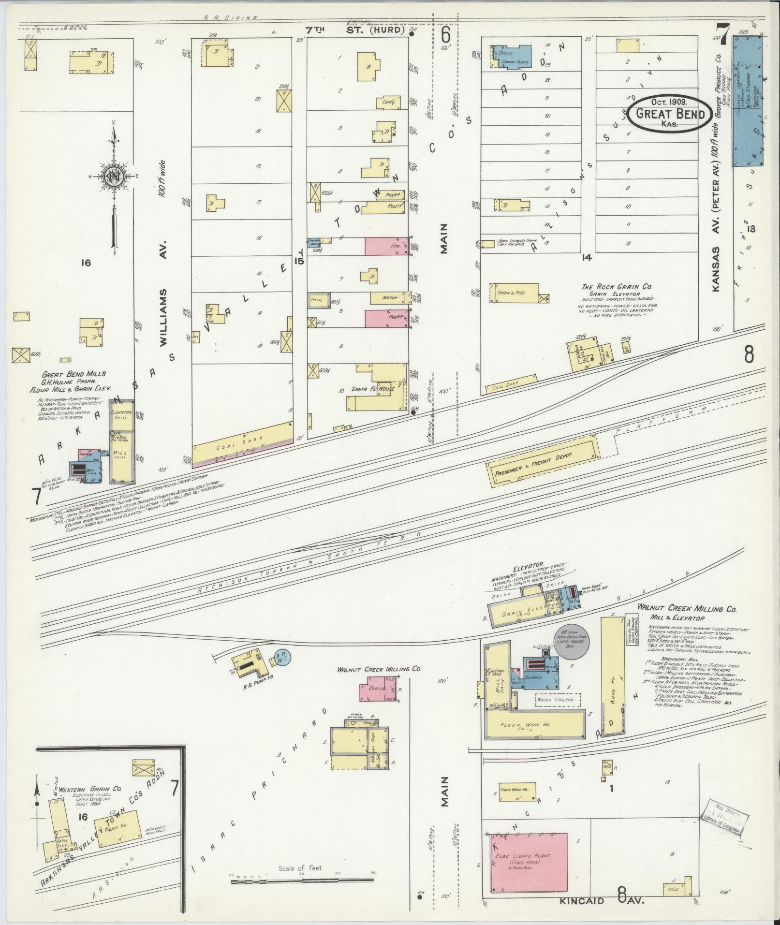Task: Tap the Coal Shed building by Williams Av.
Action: [242, 441]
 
